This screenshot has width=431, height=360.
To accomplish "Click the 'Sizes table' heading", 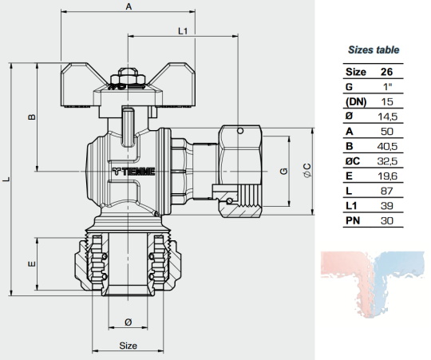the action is tap(374, 50).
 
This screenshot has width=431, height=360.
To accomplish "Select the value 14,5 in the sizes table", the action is tap(387, 117).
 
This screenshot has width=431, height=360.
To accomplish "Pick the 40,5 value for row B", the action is tap(387, 146).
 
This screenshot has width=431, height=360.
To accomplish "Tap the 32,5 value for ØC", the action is tap(387, 161).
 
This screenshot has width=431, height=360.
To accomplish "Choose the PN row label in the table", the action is tap(353, 220).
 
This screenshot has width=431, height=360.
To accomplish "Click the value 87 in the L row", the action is tap(387, 191).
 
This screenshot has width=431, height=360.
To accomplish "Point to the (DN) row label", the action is tap(356, 102).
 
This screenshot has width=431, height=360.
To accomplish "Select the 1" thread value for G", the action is tap(388, 87).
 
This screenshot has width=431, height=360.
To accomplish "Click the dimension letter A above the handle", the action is tap(129, 6).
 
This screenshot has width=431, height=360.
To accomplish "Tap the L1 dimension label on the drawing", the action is tap(183, 31).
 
